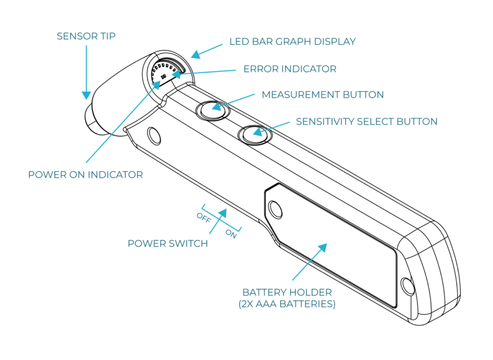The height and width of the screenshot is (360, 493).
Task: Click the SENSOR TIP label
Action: pos(86,37)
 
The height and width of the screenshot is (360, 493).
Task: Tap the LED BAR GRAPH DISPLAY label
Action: pos(292,41)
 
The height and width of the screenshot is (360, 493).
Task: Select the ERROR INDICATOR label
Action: pos(290,69)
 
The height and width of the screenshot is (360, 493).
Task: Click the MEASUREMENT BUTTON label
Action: pos(323,95)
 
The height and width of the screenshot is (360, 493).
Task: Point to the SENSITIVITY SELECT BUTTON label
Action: pos(366,121)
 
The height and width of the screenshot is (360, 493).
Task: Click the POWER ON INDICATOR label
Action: pos(86,174)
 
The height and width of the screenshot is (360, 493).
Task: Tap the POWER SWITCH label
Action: pos(168,244)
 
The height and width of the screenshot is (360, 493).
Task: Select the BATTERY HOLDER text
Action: pos(287,293)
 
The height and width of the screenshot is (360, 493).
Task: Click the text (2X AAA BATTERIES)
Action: pos(287,304)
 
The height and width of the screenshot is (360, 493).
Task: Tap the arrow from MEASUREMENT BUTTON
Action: pos(231,101)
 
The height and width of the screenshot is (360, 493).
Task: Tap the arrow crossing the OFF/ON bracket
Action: pos(219,221)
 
